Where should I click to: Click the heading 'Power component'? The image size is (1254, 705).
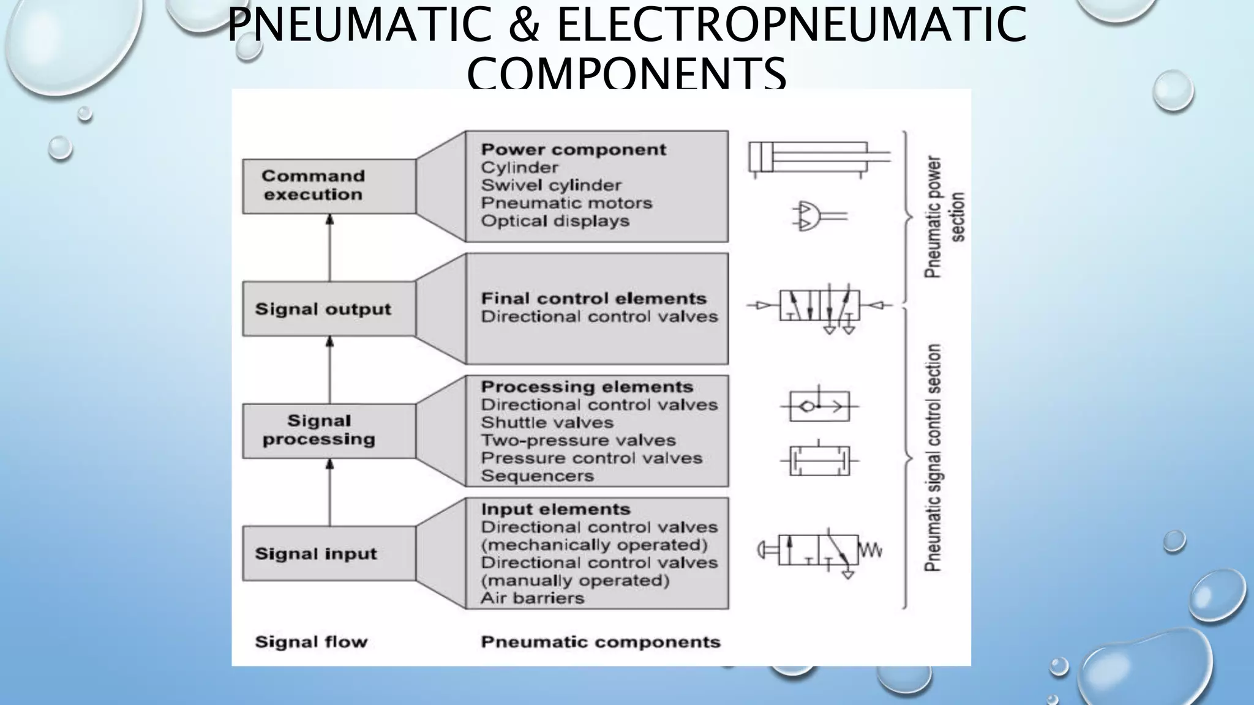pyautogui.click(x=573, y=149)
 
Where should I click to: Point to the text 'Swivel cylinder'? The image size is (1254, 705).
pyautogui.click(x=550, y=185)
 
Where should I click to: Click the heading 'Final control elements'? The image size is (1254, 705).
pyautogui.click(x=593, y=299)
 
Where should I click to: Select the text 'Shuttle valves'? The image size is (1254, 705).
pyautogui.click(x=547, y=422)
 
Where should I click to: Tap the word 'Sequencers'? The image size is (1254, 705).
pyautogui.click(x=537, y=476)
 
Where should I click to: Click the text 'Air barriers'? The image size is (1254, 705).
pyautogui.click(x=532, y=598)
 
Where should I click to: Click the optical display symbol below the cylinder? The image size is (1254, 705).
pyautogui.click(x=819, y=216)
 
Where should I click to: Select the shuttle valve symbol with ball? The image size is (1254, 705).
pyautogui.click(x=819, y=406)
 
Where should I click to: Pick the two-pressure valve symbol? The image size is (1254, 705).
pyautogui.click(x=819, y=460)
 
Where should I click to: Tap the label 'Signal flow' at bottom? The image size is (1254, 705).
pyautogui.click(x=311, y=642)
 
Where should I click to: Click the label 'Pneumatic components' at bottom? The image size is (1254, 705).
pyautogui.click(x=600, y=642)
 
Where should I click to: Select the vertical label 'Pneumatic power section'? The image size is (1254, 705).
pyautogui.click(x=944, y=217)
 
